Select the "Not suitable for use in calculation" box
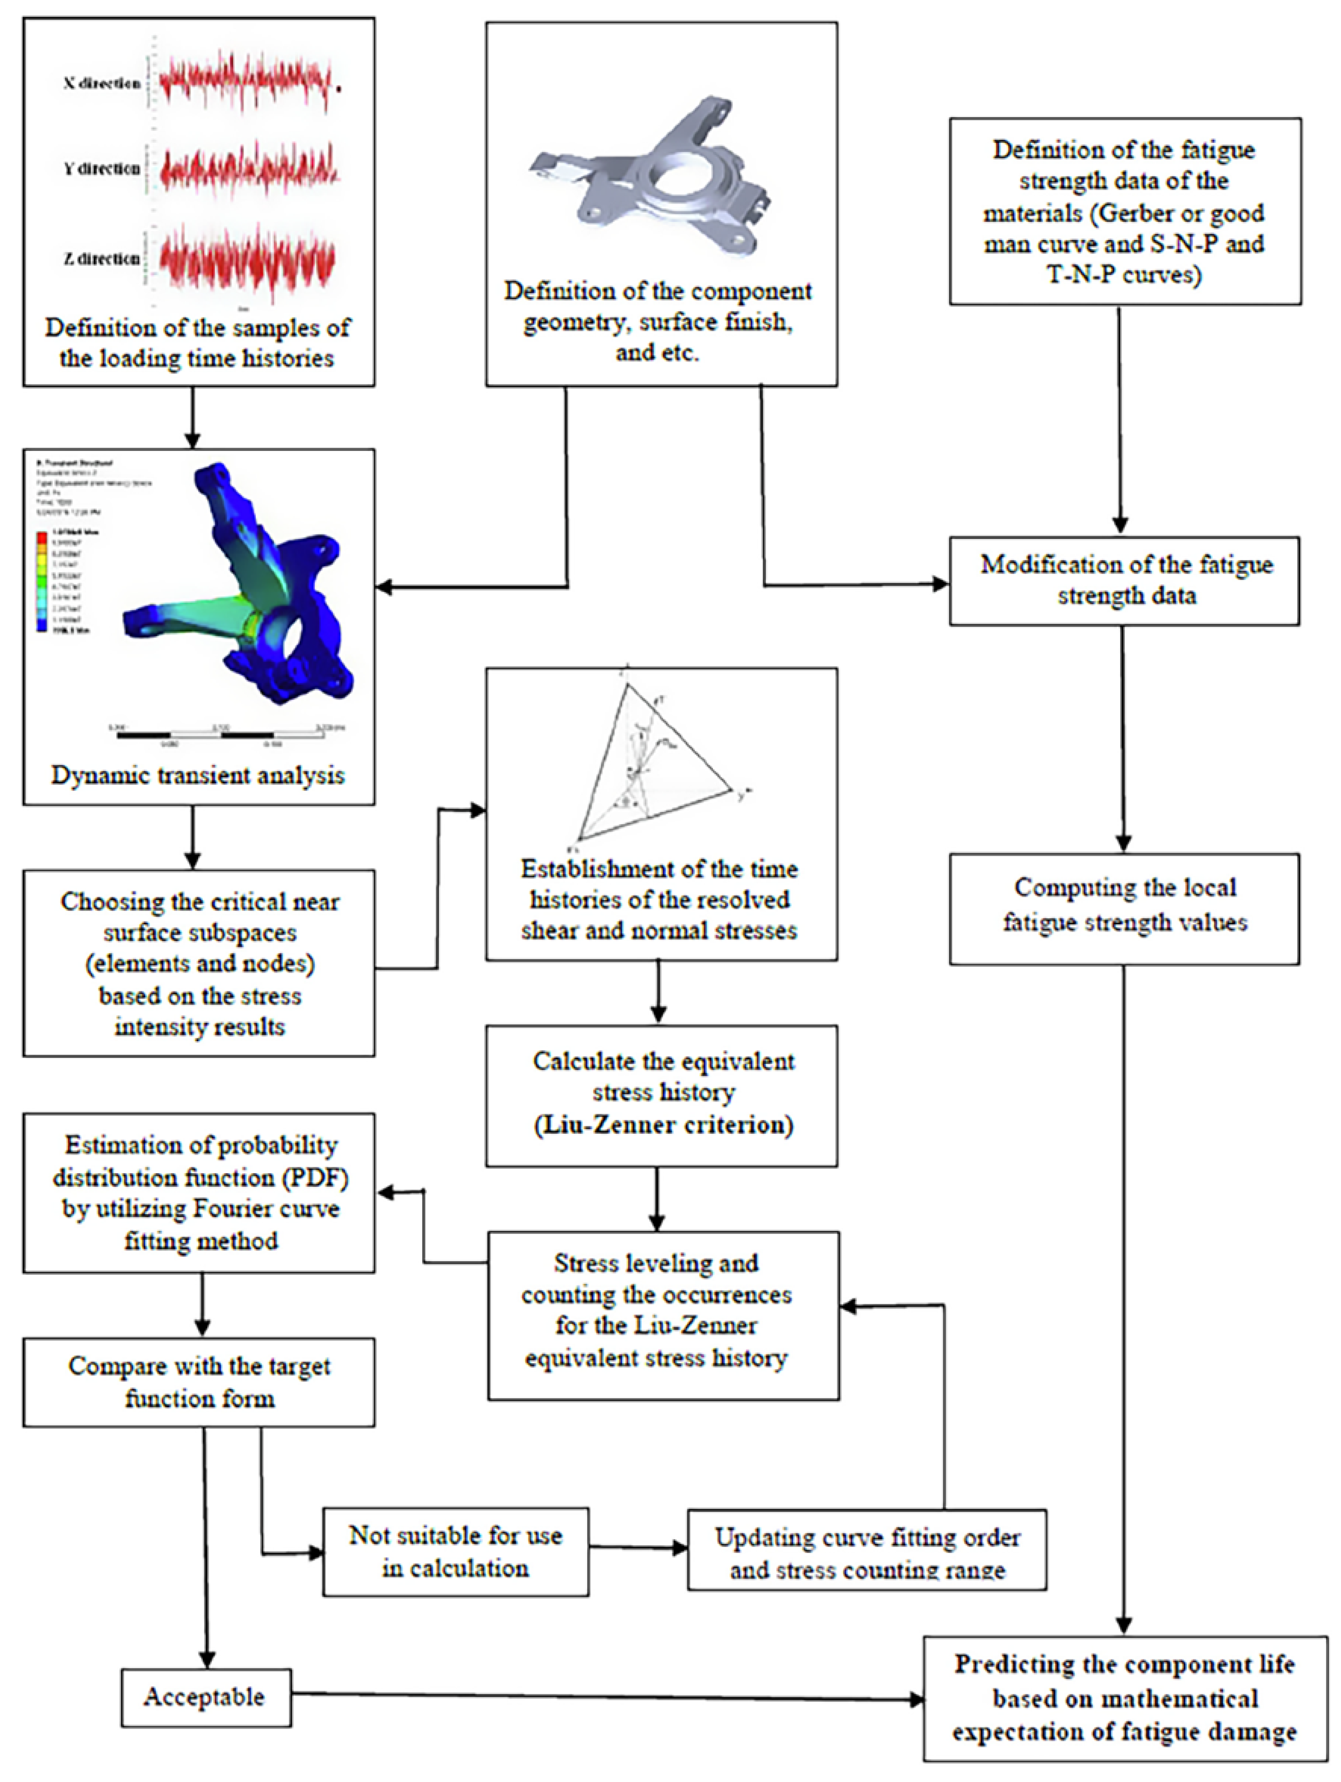(x=455, y=1552)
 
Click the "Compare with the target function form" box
(x=199, y=1382)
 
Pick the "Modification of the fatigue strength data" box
(x=1124, y=581)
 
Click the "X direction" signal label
(x=102, y=83)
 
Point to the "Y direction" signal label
(x=102, y=168)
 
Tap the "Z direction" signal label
(x=102, y=259)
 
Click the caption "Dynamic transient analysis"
(x=198, y=775)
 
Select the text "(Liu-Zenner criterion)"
(x=663, y=1125)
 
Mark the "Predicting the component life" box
(x=1124, y=1698)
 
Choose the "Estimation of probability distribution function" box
(x=199, y=1192)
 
